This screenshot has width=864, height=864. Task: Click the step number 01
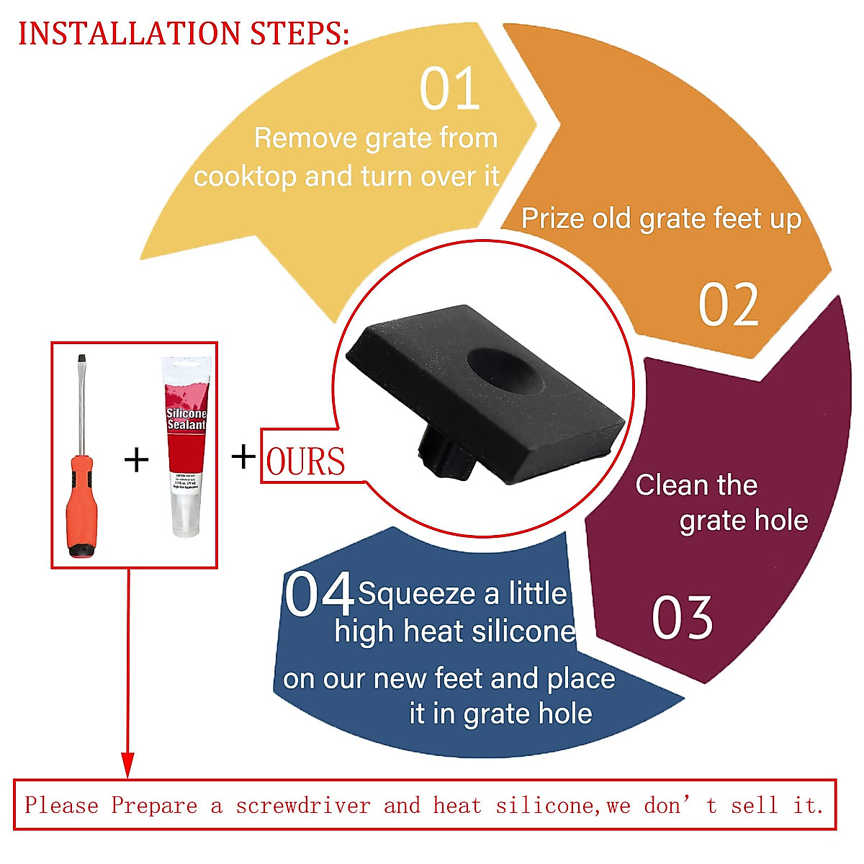coord(449,89)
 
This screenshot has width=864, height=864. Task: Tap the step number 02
coord(728,305)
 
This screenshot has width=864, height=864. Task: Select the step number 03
coord(682,618)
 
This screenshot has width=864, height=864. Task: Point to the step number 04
coord(318,594)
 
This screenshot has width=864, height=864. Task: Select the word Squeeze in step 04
coord(417,594)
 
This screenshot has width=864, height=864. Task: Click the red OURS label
coord(305,462)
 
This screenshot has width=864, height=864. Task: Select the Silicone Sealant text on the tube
coord(186,419)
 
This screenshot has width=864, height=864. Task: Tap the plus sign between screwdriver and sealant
coord(136,459)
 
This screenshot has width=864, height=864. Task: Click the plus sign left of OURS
coord(243,456)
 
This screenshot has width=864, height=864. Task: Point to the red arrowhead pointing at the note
coord(127,764)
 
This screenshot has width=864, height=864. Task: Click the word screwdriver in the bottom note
coord(302,805)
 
